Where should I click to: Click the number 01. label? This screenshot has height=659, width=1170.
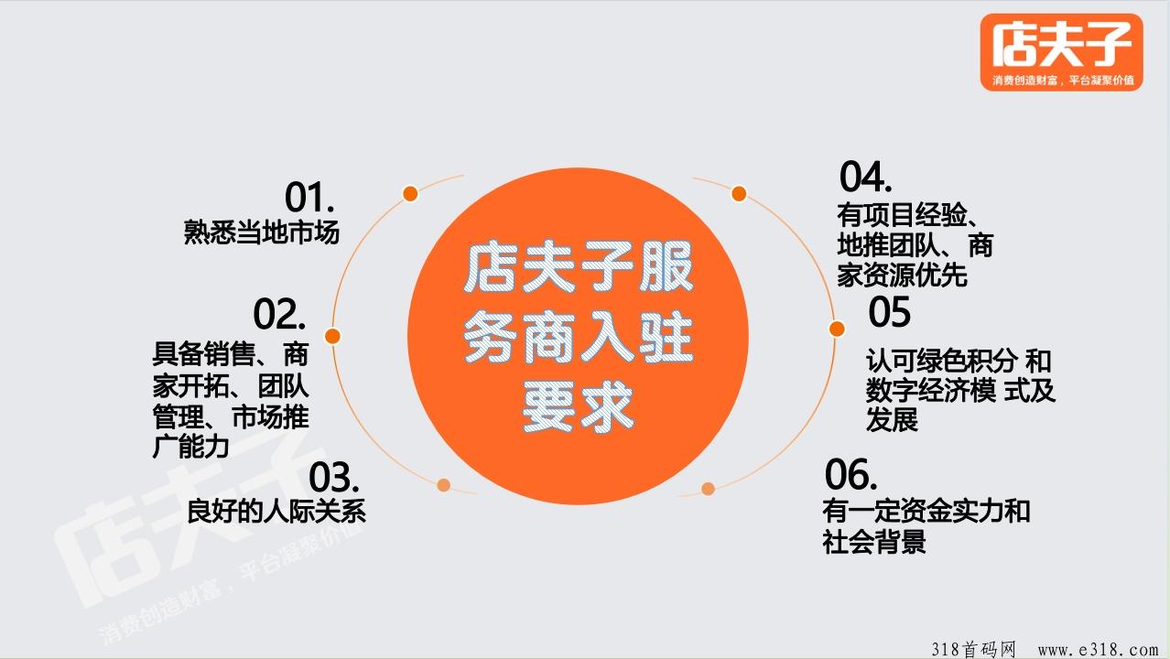coord(309,197)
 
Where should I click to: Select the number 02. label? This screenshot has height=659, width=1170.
coord(279,314)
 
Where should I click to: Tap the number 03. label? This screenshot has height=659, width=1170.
coord(334,477)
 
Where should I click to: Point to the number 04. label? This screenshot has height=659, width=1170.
coord(865,177)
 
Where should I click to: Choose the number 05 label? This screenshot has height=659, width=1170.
coord(889,312)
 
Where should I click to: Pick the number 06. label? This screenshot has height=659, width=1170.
coord(850,474)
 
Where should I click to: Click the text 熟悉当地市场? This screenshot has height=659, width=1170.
coord(261,232)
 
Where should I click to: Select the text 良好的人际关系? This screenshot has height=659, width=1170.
coord(276,511)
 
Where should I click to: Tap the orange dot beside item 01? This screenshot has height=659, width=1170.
coord(410,194)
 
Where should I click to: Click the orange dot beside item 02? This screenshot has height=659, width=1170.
coord(332,336)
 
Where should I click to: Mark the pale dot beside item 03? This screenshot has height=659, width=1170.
coord(443,485)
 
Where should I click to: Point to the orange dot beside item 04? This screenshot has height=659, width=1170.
coord(739,194)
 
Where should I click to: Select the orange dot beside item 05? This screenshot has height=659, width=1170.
coord(837,329)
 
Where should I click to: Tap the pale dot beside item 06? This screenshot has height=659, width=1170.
coord(708,489)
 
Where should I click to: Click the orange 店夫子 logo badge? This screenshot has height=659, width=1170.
coord(1062,52)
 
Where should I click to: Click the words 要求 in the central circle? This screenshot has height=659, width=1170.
coord(578,406)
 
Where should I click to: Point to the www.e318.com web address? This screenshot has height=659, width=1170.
coord(1098,650)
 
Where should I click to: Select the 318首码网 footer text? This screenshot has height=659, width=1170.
coord(973,649)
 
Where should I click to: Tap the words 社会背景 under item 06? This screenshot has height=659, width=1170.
coord(874,541)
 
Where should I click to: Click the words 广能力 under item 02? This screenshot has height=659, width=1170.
coord(190,447)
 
